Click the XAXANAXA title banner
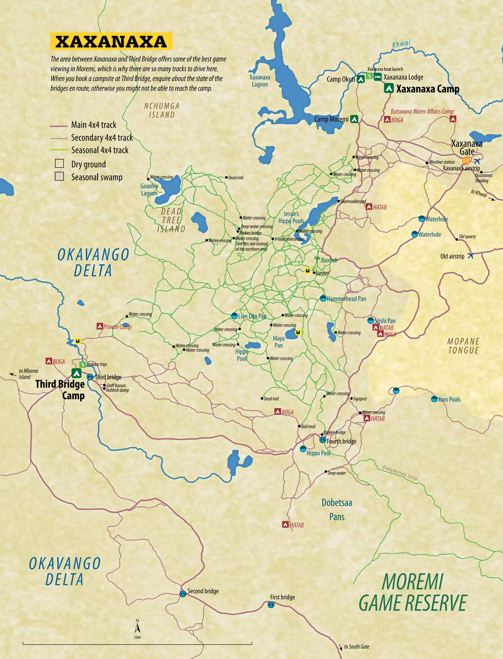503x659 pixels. pos(111,41)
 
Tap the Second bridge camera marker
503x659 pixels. pos(183,594)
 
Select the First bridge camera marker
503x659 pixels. pos(271,605)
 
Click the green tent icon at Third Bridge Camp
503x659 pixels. pos(76,373)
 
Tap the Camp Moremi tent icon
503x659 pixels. pos(354,119)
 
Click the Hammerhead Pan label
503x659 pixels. pos(346,299)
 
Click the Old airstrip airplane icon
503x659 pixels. pos(470,256)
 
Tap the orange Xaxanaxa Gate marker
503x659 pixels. pos(466,160)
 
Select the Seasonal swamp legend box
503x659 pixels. pos(59,176)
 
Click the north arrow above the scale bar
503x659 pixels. pos(137,627)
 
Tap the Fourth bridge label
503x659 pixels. pos(341,441)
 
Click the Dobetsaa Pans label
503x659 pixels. pos(337,510)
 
